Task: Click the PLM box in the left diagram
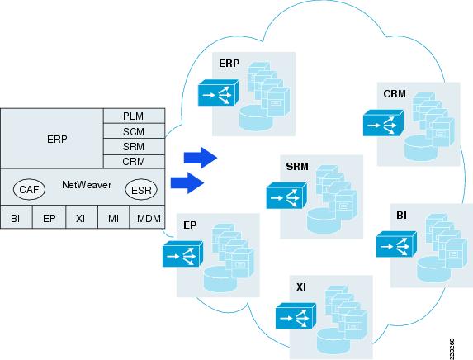[135, 116]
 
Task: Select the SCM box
[135, 131]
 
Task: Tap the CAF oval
[29, 190]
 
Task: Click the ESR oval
[141, 190]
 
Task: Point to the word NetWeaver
[87, 185]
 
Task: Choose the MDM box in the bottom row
[147, 217]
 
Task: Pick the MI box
[113, 217]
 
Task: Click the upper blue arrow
[201, 158]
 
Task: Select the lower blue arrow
[187, 182]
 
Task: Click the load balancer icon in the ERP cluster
[218, 92]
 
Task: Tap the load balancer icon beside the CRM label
[383, 123]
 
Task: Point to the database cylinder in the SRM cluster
[324, 220]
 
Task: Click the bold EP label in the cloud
[190, 225]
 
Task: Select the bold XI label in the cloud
[301, 287]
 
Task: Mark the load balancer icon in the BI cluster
[396, 244]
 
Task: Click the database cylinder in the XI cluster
[333, 341]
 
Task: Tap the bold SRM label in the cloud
[297, 167]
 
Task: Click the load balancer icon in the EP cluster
[182, 253]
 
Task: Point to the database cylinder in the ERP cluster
[256, 118]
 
